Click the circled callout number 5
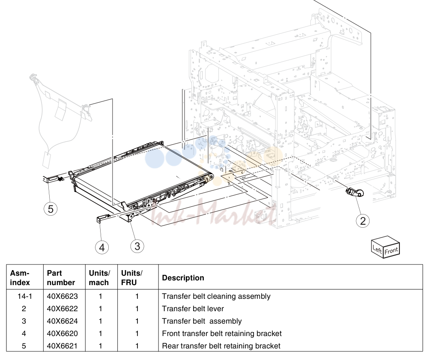pyautogui.click(x=51, y=209)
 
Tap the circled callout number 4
pyautogui.click(x=102, y=247)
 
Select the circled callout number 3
pyautogui.click(x=137, y=246)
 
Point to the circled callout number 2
pyautogui.click(x=363, y=220)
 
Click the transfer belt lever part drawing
pyautogui.click(x=355, y=192)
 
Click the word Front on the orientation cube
pyautogui.click(x=391, y=250)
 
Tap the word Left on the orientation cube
pyautogui.click(x=377, y=249)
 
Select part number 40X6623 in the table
pyautogui.click(x=63, y=296)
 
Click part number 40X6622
pyautogui.click(x=63, y=309)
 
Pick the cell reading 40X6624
pyautogui.click(x=63, y=321)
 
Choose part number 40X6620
pyautogui.click(x=63, y=333)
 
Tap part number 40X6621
pyautogui.click(x=63, y=346)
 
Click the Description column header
pyautogui.click(x=183, y=278)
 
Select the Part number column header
pyautogui.click(x=61, y=278)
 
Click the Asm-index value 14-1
pyautogui.click(x=25, y=296)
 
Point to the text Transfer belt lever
pyautogui.click(x=193, y=309)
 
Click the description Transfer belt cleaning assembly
pyautogui.click(x=216, y=296)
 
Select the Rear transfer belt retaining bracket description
pyautogui.click(x=221, y=346)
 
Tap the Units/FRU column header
pyautogui.click(x=131, y=278)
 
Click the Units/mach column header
pyautogui.click(x=99, y=278)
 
